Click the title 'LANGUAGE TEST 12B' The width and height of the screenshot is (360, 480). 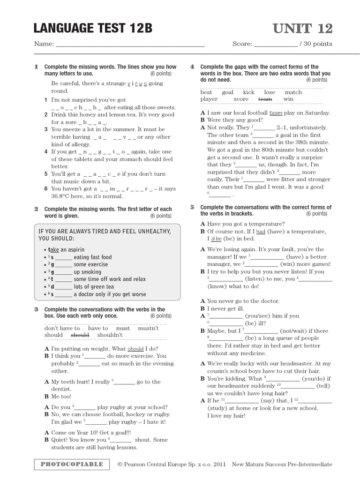click(x=93, y=29)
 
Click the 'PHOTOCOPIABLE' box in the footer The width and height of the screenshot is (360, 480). click(x=72, y=464)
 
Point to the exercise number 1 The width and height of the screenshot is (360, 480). click(x=36, y=67)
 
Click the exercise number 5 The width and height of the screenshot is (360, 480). click(x=192, y=207)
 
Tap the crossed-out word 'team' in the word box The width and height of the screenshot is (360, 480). click(x=265, y=99)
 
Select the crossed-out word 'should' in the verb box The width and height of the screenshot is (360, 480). click(x=79, y=335)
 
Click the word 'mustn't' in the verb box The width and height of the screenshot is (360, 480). click(x=149, y=328)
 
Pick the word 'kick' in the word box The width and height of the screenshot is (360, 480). click(x=248, y=92)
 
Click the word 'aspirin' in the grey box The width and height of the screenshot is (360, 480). click(x=75, y=249)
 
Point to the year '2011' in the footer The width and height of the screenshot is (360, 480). click(x=219, y=464)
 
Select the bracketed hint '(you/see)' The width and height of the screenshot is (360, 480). click(x=262, y=316)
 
